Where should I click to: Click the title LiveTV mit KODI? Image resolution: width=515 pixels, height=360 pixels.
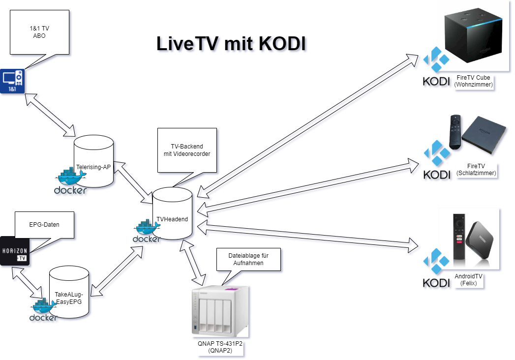[233, 44]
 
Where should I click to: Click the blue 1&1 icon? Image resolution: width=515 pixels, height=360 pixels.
[13, 82]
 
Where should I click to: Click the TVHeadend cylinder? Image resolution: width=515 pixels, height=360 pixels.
[172, 214]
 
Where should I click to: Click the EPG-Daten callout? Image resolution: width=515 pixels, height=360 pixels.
[44, 225]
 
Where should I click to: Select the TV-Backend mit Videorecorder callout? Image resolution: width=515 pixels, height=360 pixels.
[187, 150]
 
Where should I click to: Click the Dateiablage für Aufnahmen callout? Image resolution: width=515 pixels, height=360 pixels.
[248, 259]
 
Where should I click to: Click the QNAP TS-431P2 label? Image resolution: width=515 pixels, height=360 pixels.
[220, 348]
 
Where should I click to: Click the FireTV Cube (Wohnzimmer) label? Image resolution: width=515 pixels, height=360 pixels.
[473, 81]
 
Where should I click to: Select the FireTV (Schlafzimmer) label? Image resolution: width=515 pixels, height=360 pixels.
[476, 170]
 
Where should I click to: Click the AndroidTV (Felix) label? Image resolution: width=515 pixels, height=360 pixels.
[469, 280]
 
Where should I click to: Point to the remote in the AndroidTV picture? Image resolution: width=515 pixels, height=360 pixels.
[459, 236]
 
